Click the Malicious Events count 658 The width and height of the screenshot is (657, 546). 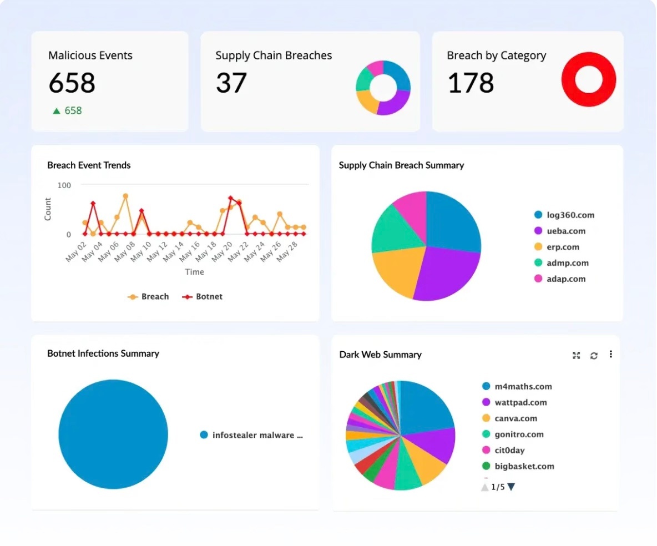(72, 83)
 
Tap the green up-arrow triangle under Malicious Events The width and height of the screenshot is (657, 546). (56, 111)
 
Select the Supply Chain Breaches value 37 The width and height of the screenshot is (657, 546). (231, 83)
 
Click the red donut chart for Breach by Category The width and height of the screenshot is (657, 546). (588, 79)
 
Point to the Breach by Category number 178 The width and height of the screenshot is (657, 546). (471, 83)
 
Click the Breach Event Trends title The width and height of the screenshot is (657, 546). (89, 165)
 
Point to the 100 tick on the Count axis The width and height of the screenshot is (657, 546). (64, 185)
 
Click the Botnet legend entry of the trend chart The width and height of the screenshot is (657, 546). (203, 297)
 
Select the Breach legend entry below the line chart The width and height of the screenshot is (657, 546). (148, 297)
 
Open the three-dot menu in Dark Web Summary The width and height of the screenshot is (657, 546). (610, 354)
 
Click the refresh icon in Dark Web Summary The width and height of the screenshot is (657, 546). (594, 355)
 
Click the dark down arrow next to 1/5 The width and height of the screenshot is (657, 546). (511, 487)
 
